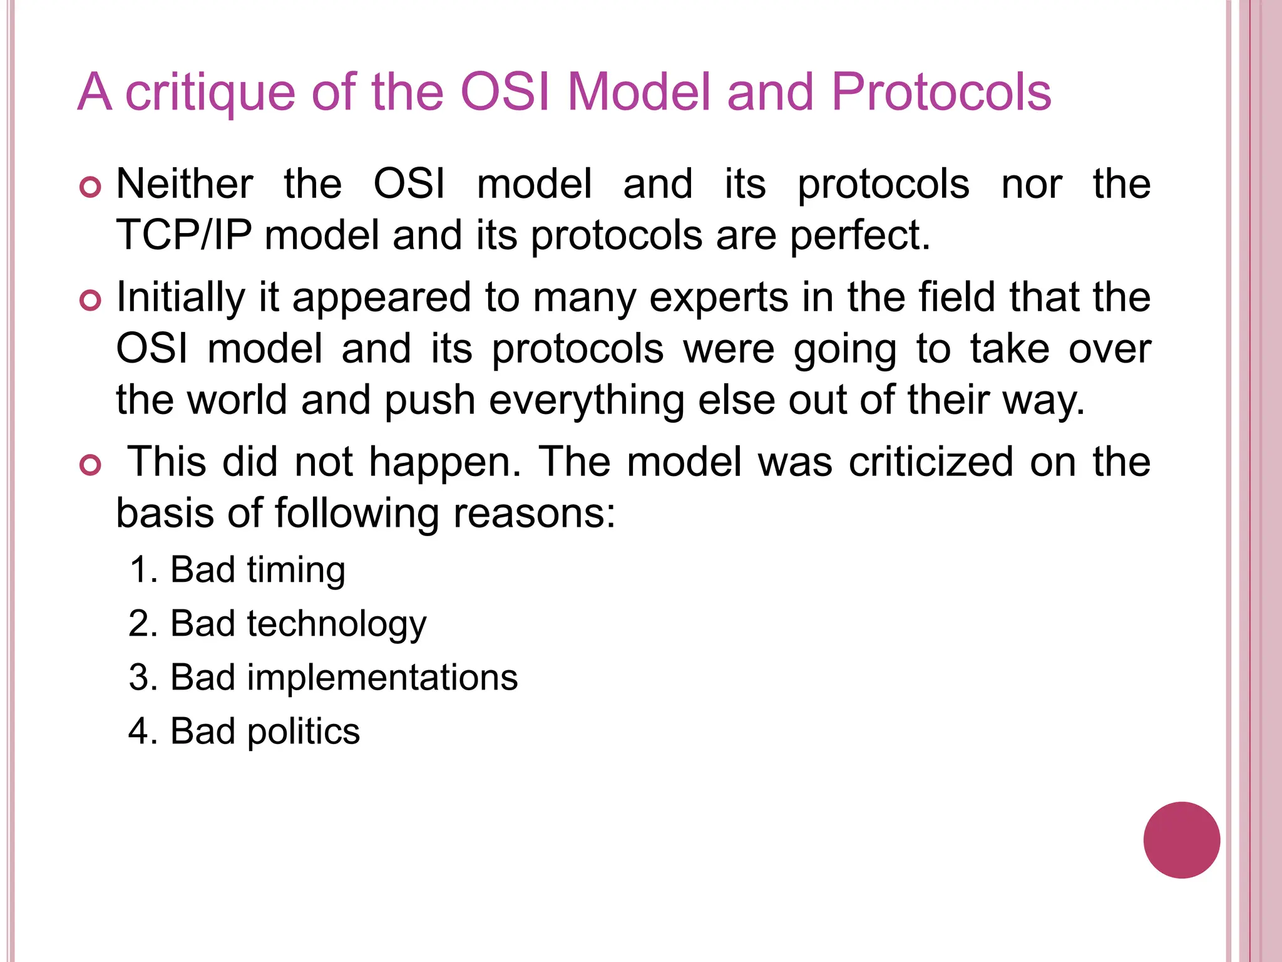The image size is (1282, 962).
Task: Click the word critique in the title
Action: (x=209, y=93)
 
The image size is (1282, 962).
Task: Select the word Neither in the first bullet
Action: (x=185, y=184)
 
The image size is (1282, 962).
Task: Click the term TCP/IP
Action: (x=184, y=235)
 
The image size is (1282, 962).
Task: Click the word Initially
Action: (x=181, y=297)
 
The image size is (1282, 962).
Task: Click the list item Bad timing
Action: (x=237, y=570)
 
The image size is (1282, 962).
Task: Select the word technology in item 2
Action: (x=336, y=624)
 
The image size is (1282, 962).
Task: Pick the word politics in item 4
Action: (x=303, y=732)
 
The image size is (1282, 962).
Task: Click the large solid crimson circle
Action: (x=1181, y=840)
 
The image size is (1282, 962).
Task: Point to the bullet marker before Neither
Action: (x=91, y=187)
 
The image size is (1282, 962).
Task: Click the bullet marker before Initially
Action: (x=91, y=300)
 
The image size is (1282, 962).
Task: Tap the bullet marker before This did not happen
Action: (x=91, y=465)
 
